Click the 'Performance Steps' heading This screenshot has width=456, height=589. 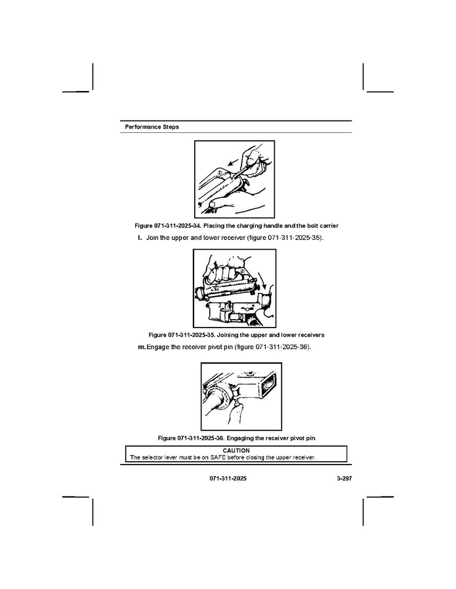coord(152,127)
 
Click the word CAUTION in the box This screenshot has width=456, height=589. coord(236,450)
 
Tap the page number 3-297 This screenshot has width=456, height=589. coord(344,478)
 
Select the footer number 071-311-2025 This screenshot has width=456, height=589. coord(228,478)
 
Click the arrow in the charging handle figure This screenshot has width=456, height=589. coord(234,162)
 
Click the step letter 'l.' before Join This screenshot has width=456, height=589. coord(140,238)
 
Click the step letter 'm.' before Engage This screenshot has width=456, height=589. coord(142,347)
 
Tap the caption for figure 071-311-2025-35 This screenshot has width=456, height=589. coord(236,335)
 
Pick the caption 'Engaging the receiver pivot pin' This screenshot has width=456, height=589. coord(271,438)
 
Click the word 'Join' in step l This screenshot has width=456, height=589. coord(152,238)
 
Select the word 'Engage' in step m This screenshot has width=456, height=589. coord(157,347)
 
